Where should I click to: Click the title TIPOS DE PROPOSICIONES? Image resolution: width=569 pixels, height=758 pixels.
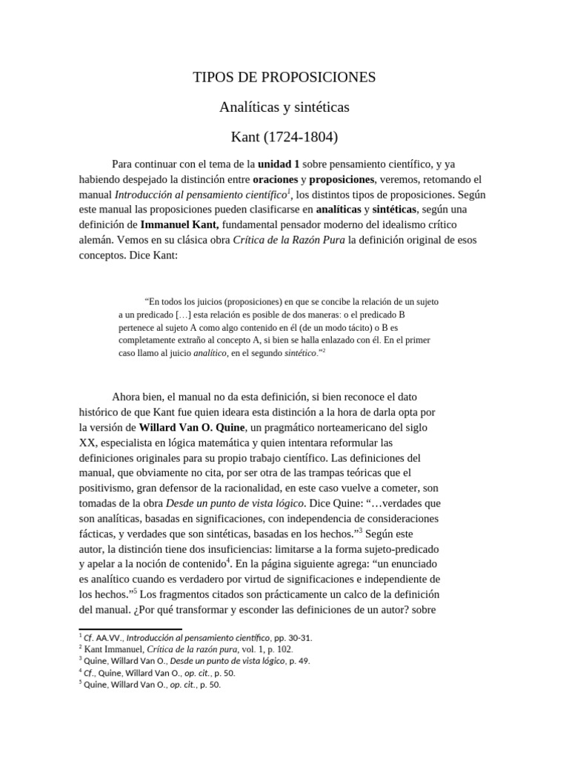coord(284,77)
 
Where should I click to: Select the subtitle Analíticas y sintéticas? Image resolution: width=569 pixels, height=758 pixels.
coord(284,107)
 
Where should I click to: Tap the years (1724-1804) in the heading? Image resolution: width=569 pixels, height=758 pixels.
coord(302,138)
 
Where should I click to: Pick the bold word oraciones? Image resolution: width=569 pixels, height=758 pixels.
coord(276,179)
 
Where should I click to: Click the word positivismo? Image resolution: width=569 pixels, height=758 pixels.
coord(110,488)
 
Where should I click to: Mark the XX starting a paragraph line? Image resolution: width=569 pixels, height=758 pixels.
coord(87,443)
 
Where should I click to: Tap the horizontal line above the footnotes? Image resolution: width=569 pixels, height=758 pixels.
coord(130,629)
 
